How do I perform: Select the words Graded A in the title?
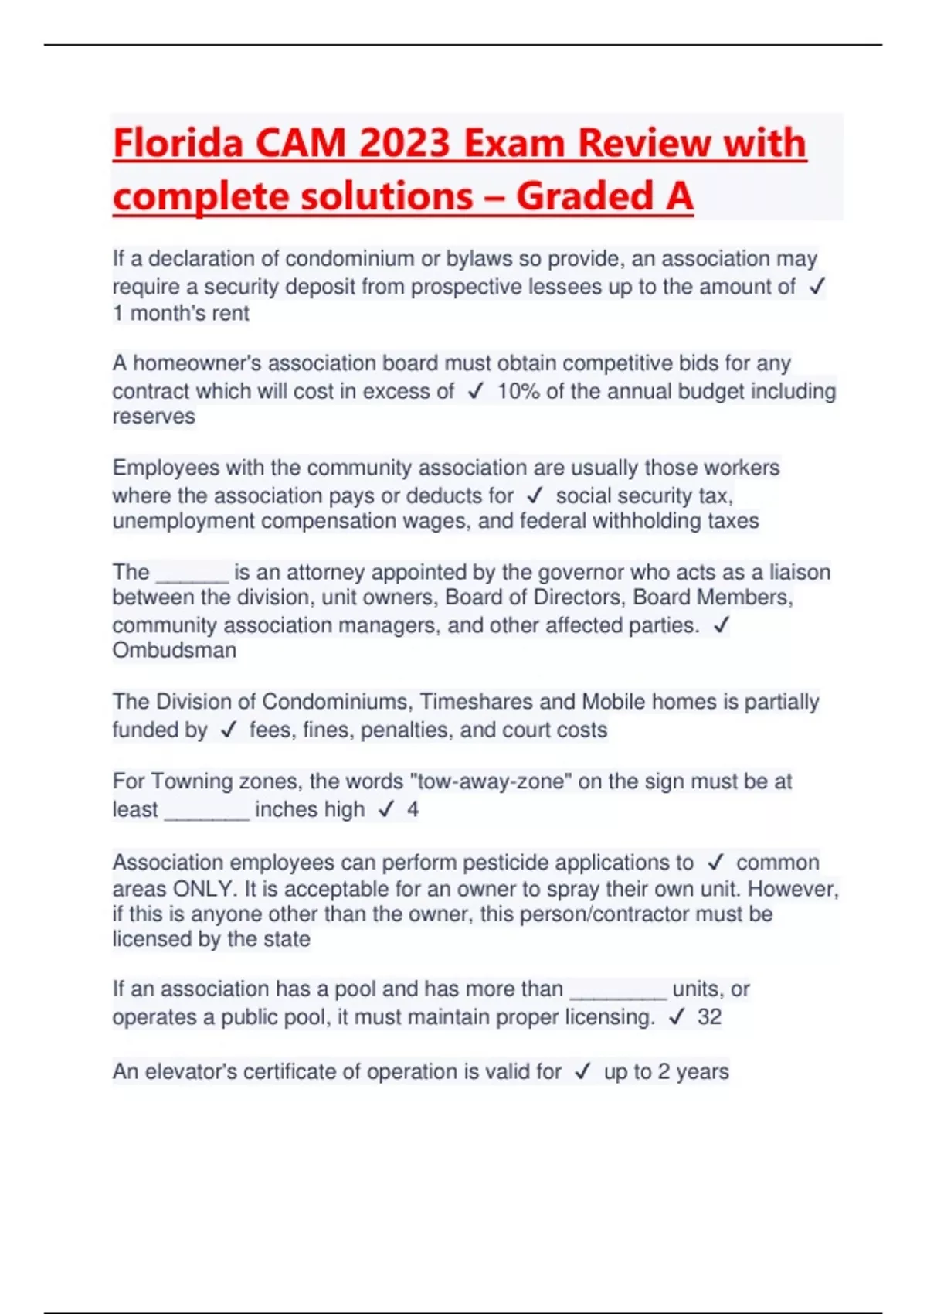pyautogui.click(x=604, y=196)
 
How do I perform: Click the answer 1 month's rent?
pyautogui.click(x=181, y=314)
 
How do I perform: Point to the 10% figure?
pyautogui.click(x=518, y=391)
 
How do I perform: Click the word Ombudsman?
pyautogui.click(x=175, y=651)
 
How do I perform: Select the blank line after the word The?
pyautogui.click(x=192, y=573)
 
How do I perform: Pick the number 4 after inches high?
pyautogui.click(x=413, y=809)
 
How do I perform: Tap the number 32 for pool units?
pyautogui.click(x=709, y=1017)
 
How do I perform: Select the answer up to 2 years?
pyautogui.click(x=666, y=1072)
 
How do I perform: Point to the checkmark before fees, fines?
pyautogui.click(x=228, y=730)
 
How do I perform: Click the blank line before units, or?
pyautogui.click(x=617, y=989)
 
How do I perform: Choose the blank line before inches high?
pyautogui.click(x=207, y=809)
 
